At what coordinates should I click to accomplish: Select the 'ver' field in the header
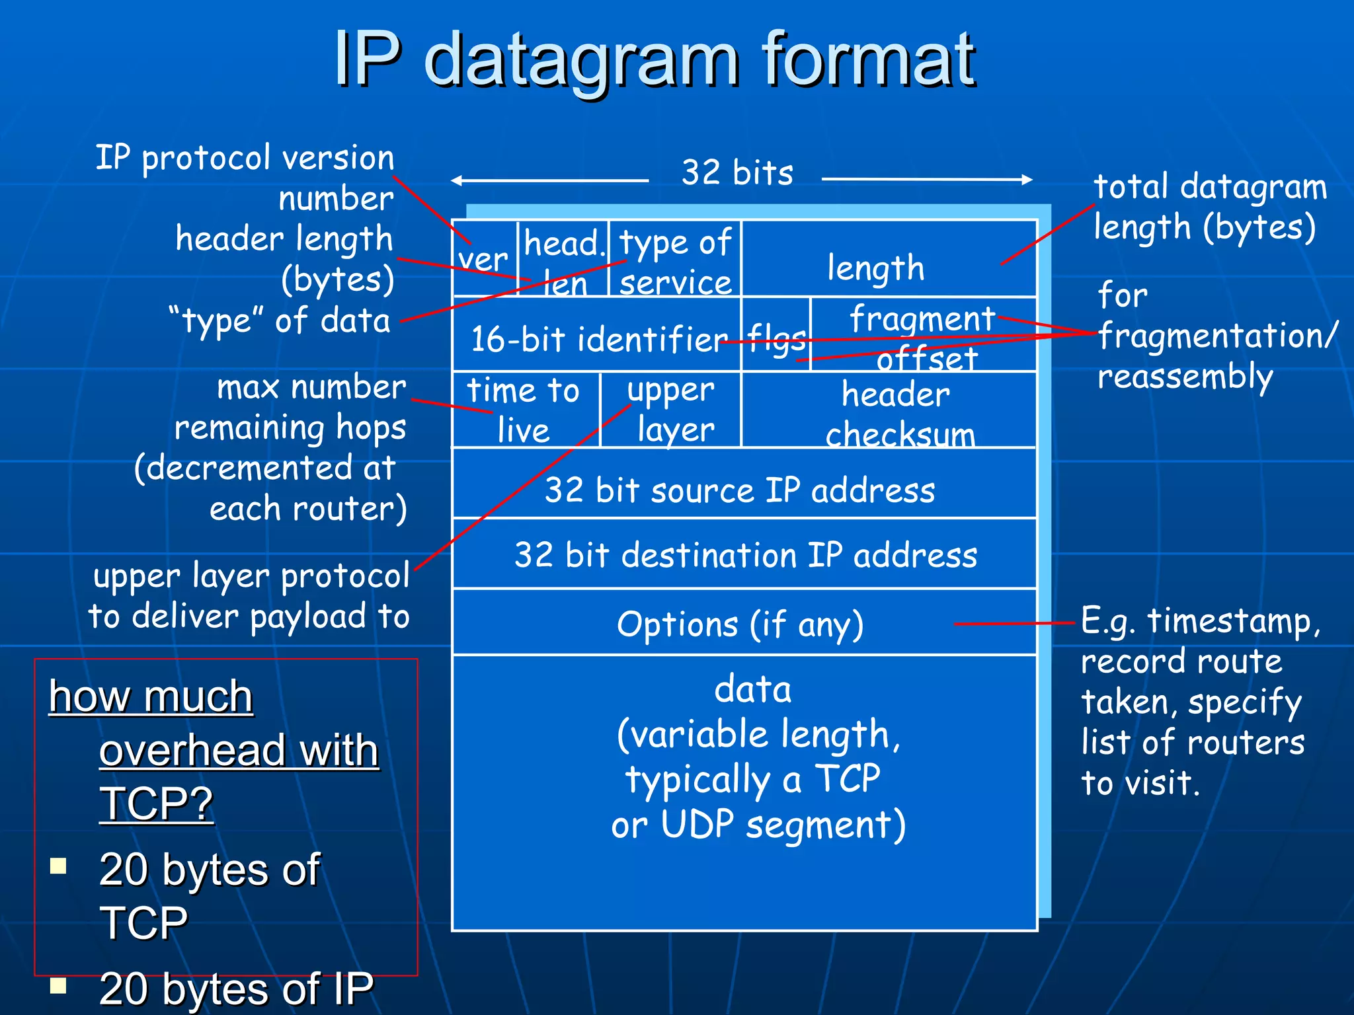[x=484, y=259]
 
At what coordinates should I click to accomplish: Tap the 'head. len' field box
[x=563, y=259]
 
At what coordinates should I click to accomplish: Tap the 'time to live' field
[x=525, y=410]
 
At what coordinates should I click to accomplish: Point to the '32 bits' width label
[x=737, y=173]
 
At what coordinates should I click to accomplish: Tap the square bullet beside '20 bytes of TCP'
[x=59, y=866]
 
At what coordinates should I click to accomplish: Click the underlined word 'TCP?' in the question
[x=157, y=804]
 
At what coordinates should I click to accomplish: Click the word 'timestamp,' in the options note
[x=1234, y=621]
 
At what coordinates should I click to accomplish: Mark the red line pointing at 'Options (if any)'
[x=1014, y=623]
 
